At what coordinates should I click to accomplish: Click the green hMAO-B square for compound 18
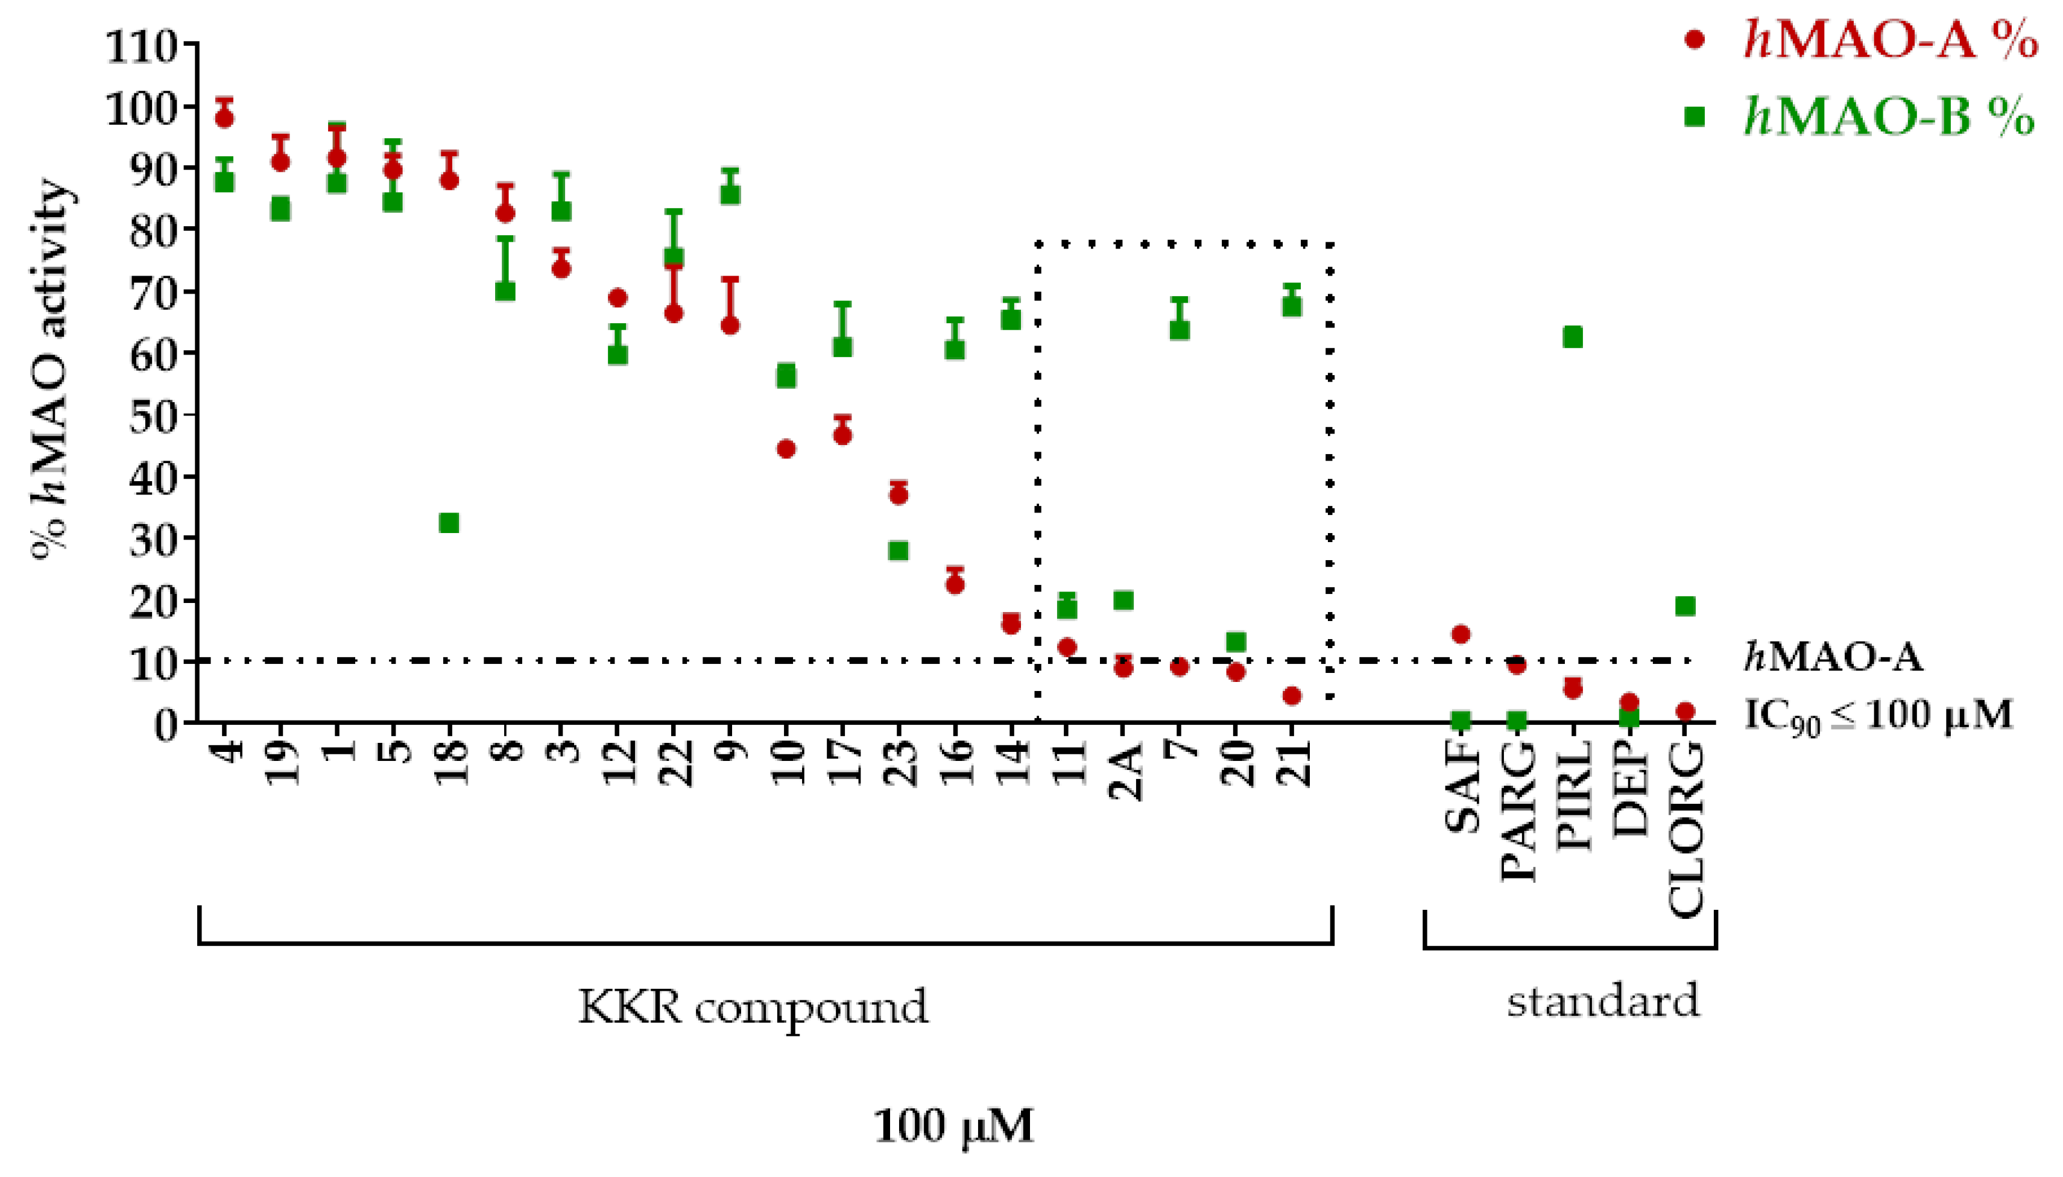(x=449, y=523)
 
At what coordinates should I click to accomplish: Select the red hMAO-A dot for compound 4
(x=225, y=118)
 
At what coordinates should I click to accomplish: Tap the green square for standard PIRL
(x=1572, y=337)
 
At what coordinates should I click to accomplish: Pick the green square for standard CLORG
(x=1685, y=606)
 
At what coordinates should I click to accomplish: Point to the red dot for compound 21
(x=1292, y=696)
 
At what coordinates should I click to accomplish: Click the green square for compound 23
(x=898, y=551)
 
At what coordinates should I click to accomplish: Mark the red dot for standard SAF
(x=1461, y=634)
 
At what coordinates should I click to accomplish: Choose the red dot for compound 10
(x=786, y=449)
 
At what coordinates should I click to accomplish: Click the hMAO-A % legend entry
(x=1859, y=40)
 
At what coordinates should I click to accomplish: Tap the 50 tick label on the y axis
(x=154, y=415)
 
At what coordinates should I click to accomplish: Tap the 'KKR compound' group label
(x=753, y=1007)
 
